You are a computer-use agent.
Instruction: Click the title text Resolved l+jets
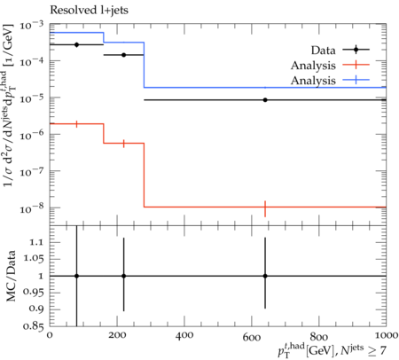[89, 10]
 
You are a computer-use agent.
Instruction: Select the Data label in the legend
[324, 51]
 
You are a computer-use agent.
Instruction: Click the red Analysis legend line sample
[356, 65]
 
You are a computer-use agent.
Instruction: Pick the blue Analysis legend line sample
[356, 80]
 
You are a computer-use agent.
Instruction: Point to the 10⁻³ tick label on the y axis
[31, 26]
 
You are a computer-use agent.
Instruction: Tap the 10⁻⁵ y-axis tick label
[31, 98]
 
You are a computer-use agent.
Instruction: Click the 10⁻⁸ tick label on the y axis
[31, 208]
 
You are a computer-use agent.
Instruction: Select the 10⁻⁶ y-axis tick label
[31, 136]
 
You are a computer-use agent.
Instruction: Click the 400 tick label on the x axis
[184, 335]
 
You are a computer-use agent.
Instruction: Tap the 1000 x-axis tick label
[385, 335]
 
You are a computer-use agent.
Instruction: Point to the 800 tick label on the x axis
[319, 336]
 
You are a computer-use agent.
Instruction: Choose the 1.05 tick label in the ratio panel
[34, 259]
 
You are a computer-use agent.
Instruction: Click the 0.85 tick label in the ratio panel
[34, 326]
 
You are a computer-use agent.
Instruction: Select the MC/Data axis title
[11, 276]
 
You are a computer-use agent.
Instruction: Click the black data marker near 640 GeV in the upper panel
[265, 100]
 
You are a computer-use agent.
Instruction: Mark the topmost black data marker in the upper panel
[76, 44]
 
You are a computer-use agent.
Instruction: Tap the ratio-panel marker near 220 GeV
[123, 276]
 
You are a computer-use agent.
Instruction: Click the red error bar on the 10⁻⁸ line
[265, 208]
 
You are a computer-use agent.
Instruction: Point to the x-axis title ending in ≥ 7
[332, 350]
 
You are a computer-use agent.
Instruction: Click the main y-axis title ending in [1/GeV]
[9, 105]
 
